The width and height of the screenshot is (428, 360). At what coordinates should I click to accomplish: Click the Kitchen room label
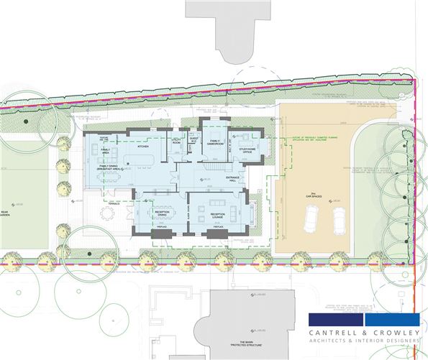click(142, 147)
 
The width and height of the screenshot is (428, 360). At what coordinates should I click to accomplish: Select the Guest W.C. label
click(193, 139)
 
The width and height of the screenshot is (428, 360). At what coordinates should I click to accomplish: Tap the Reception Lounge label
click(218, 215)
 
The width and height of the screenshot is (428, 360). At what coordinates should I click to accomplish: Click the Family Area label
click(105, 152)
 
